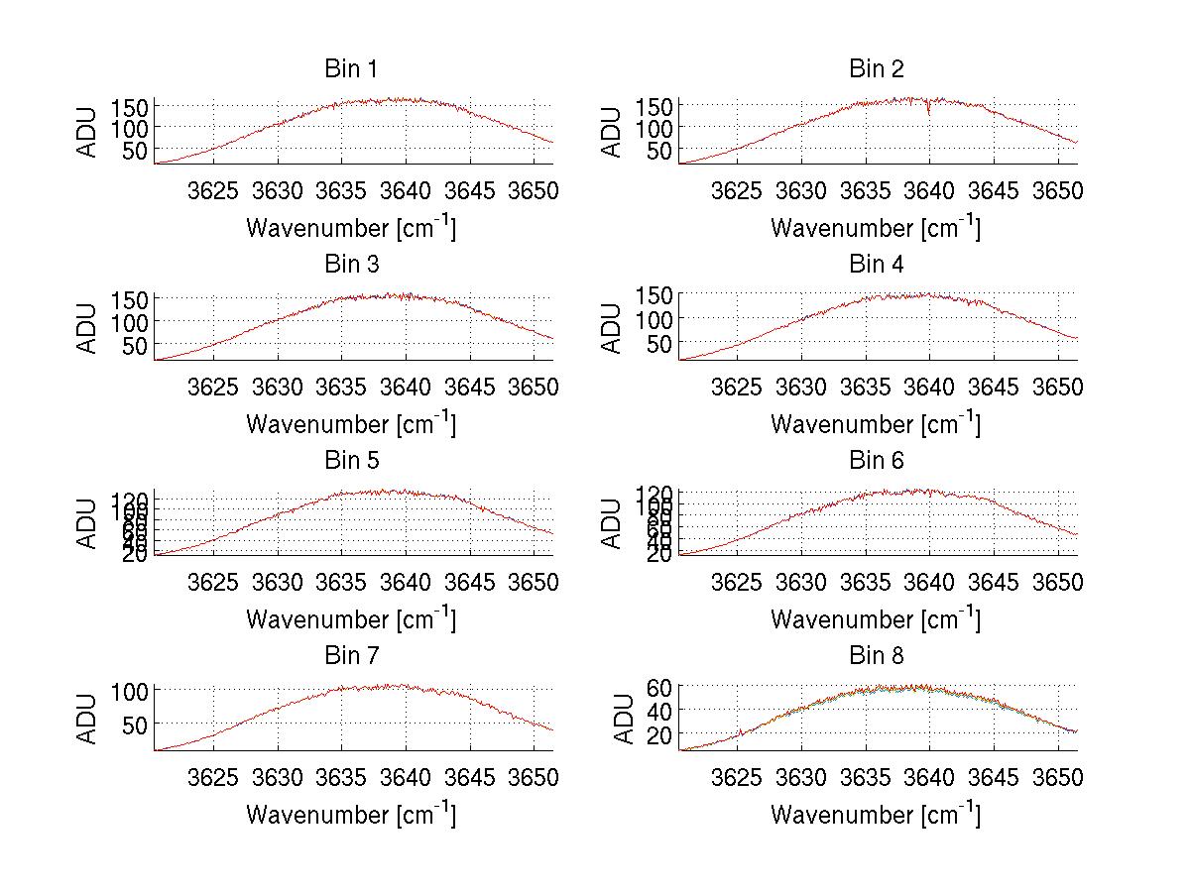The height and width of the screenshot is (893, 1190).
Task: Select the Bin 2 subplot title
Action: (876, 69)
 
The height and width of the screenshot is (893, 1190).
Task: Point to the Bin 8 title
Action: (876, 656)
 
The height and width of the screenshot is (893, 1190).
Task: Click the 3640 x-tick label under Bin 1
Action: (405, 190)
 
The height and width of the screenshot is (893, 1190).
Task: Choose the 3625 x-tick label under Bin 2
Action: (738, 190)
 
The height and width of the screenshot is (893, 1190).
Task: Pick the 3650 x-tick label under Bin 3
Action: (534, 386)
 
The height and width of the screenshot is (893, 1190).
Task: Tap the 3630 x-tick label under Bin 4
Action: (801, 386)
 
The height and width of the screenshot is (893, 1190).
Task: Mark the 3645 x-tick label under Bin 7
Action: (469, 777)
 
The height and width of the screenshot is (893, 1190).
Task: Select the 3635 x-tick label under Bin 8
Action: (866, 777)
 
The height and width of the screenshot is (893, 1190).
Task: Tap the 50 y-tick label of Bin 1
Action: (136, 151)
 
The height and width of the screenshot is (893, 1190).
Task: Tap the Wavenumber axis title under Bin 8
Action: (876, 815)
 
